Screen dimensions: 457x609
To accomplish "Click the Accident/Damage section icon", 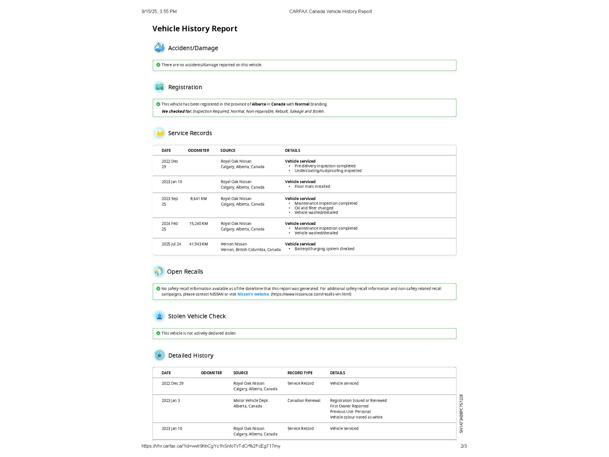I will click(159, 48).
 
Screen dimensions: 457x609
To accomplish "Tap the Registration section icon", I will click(159, 87).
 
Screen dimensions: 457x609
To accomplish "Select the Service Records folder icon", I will click(160, 133).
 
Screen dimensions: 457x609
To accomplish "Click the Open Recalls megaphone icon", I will click(159, 271).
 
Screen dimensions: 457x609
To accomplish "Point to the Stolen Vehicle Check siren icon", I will click(159, 316).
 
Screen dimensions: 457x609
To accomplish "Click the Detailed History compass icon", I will click(159, 355).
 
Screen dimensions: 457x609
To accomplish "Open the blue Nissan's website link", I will click(253, 294).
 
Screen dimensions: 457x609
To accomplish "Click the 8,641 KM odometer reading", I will click(198, 199).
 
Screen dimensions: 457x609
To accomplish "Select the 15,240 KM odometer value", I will click(198, 224).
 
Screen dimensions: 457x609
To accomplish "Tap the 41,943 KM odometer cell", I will click(198, 244).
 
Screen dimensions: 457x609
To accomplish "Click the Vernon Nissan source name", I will click(233, 244).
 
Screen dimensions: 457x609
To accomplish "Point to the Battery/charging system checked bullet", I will click(324, 249).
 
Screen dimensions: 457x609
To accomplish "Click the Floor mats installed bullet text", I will click(312, 187).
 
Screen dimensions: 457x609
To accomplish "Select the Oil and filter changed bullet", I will click(314, 208).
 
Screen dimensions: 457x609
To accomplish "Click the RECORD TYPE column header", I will click(300, 373).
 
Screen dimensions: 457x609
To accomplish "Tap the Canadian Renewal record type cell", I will click(304, 401).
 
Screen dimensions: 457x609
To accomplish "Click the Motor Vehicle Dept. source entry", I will click(251, 401).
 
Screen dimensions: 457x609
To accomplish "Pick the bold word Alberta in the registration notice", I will click(259, 104).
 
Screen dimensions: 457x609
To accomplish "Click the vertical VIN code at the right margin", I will click(461, 414).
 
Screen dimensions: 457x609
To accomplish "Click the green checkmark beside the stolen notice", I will click(158, 333).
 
